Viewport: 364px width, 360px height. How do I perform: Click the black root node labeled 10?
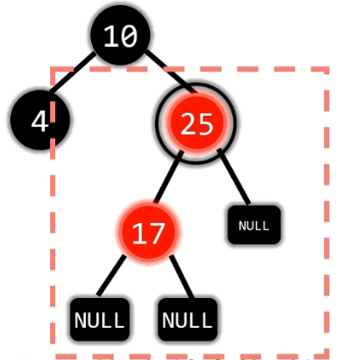coord(120,36)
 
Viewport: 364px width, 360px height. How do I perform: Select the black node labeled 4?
coord(40,120)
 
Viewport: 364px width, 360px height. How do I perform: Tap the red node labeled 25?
coord(196,123)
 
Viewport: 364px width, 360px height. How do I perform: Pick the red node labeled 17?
coord(148,231)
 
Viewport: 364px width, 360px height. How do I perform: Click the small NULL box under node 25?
coord(254,225)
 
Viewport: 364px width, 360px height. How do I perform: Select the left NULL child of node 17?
coord(100,319)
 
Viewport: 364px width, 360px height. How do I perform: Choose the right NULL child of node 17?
coord(188,319)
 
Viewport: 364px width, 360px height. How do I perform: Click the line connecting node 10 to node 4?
coord(73,71)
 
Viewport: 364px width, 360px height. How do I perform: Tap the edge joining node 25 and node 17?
coord(169,177)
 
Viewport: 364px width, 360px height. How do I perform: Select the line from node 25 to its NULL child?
coord(234,176)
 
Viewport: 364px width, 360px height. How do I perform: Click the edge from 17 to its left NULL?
coord(111,276)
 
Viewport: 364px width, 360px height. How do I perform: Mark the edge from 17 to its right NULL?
coord(182,277)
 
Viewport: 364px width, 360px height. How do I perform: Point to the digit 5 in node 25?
coord(205,123)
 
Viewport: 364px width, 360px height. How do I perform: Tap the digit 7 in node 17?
coord(156,233)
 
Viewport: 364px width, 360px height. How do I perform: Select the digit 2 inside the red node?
coord(188,123)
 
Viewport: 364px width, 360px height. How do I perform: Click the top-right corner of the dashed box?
coord(327,69)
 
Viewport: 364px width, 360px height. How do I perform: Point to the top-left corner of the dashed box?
coord(53,69)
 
